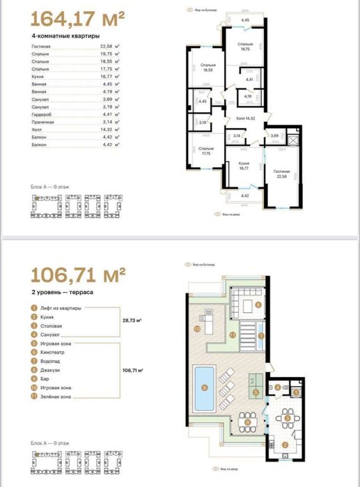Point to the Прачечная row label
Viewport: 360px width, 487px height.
coord(43,121)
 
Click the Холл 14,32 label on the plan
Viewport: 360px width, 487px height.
coord(246,118)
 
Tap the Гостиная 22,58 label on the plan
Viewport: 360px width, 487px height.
coord(282,173)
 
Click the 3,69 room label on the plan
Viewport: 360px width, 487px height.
coord(274,135)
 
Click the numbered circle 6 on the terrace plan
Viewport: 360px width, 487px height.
coord(258,304)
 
